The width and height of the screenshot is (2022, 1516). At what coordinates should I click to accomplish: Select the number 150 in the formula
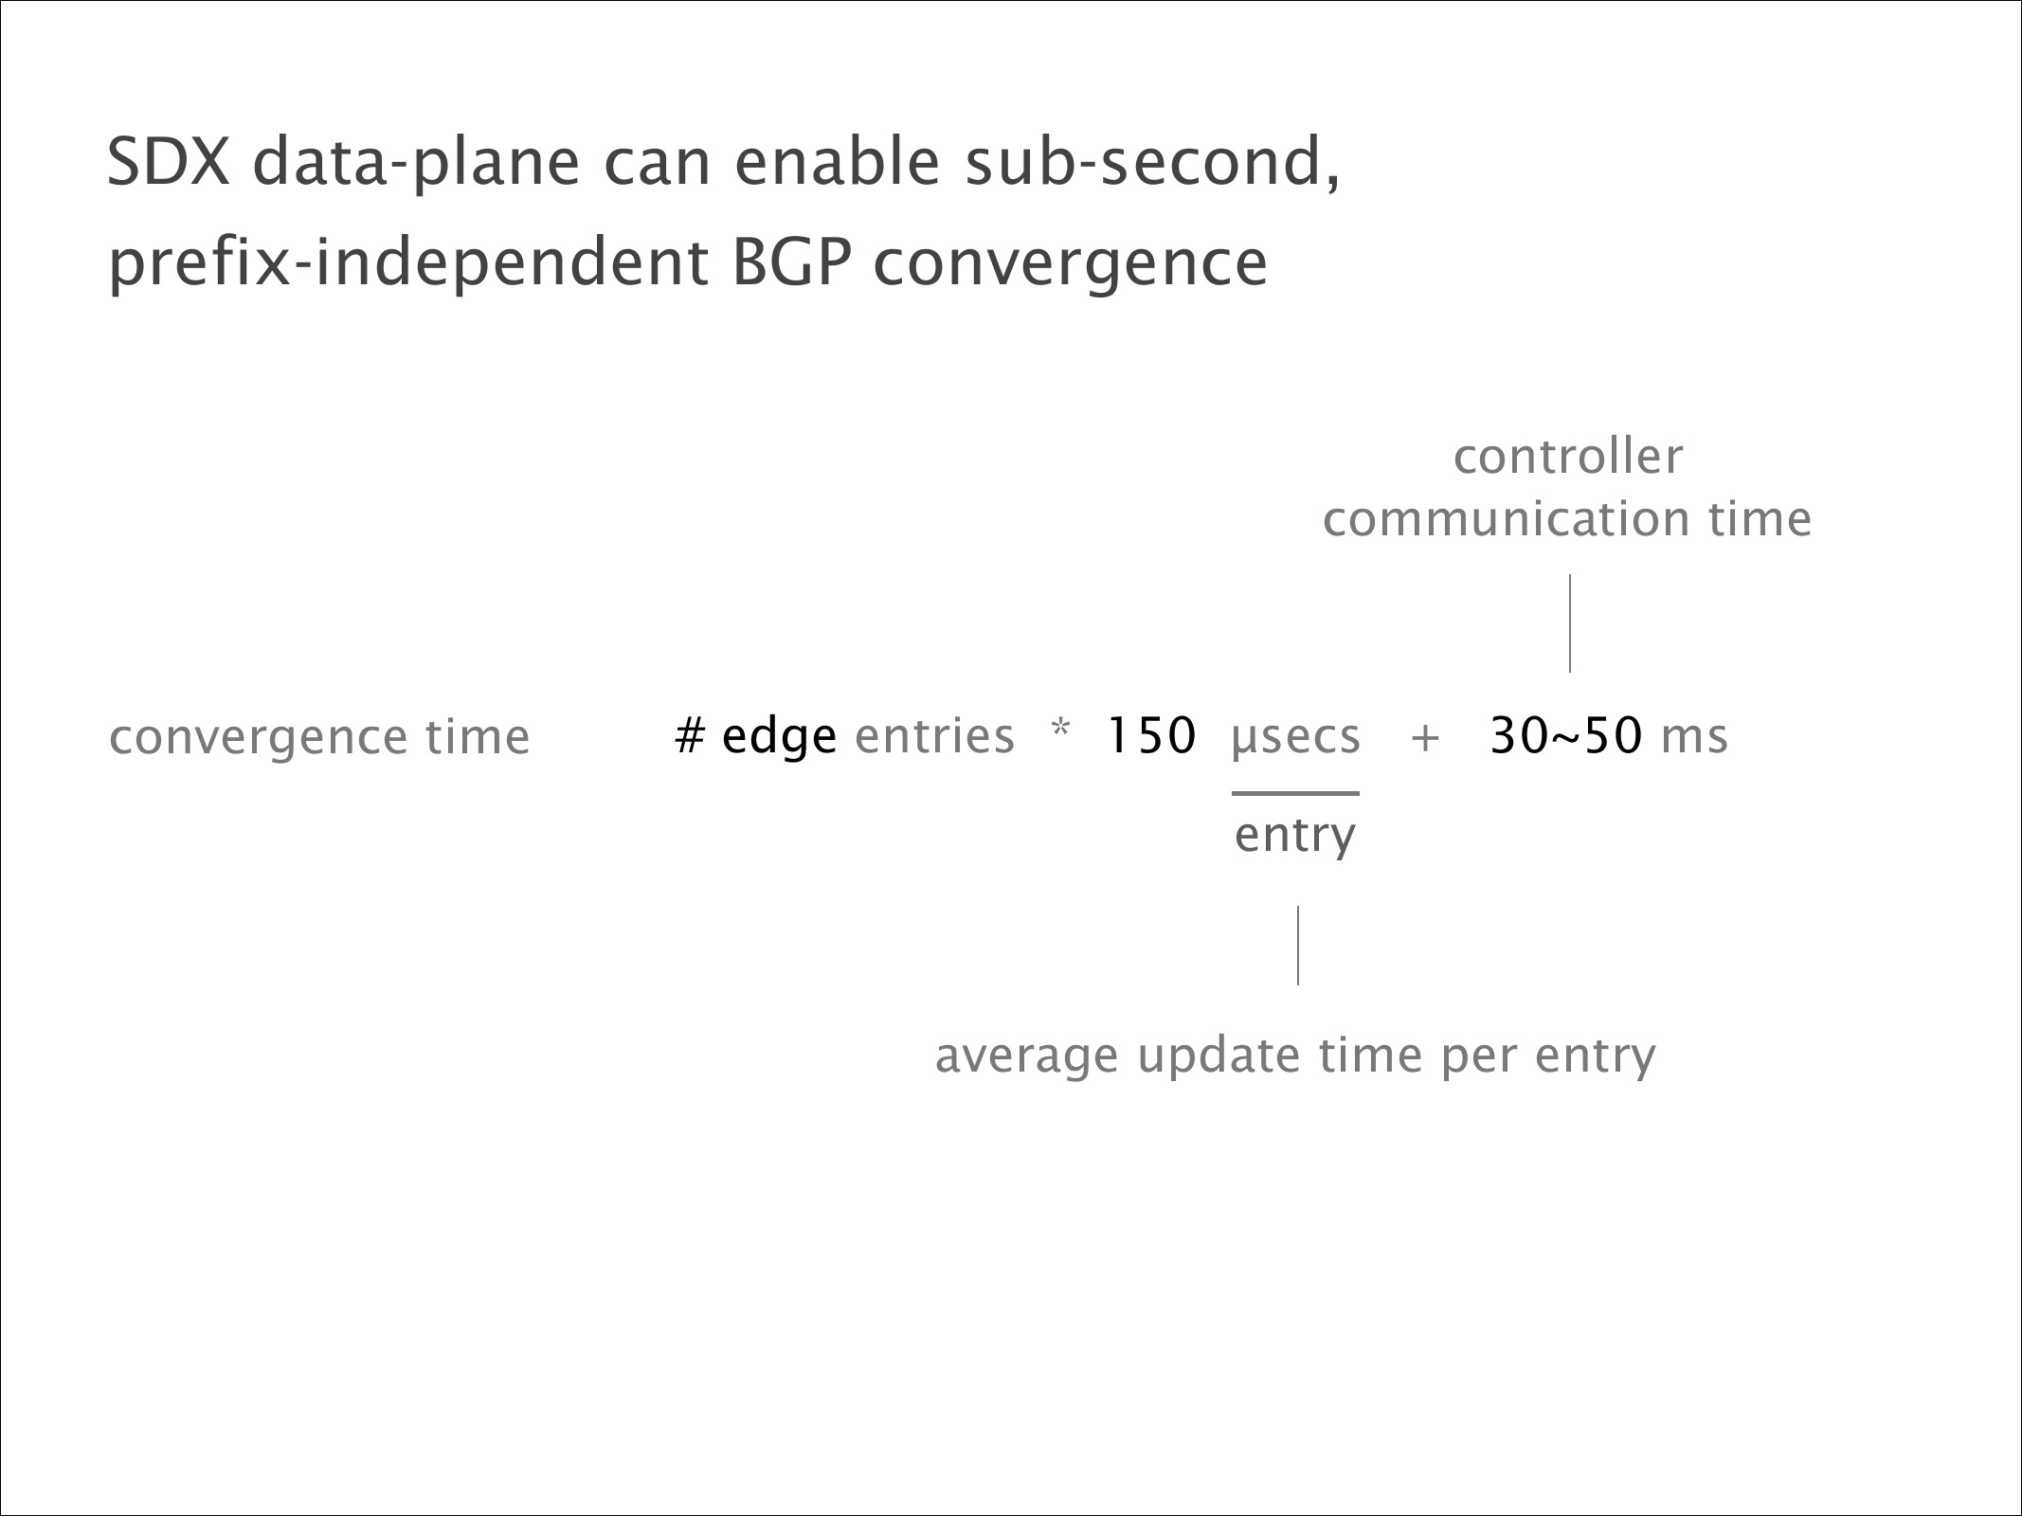[1152, 736]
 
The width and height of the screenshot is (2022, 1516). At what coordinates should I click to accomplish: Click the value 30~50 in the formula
[1565, 736]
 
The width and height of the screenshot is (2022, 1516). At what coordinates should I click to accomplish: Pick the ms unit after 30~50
[1695, 741]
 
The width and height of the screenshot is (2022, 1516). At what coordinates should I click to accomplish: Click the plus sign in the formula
[1425, 739]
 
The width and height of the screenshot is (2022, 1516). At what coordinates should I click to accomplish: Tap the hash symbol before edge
[690, 736]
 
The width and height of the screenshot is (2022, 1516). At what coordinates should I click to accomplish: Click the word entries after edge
[934, 736]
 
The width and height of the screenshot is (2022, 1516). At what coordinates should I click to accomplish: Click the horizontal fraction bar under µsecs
[1295, 793]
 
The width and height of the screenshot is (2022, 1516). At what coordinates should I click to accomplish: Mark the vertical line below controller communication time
[1570, 623]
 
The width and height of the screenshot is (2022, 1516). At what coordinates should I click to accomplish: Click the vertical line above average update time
[1298, 945]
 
